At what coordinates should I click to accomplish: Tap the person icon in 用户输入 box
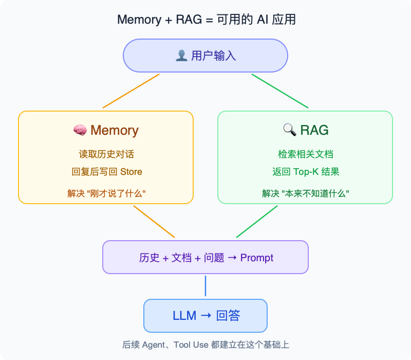pyautogui.click(x=181, y=56)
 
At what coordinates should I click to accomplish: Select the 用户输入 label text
pyautogui.click(x=213, y=56)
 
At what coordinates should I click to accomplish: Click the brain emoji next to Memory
pyautogui.click(x=80, y=131)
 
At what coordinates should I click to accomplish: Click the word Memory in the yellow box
pyautogui.click(x=115, y=131)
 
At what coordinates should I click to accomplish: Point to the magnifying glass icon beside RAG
pyautogui.click(x=289, y=130)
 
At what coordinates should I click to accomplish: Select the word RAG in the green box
pyautogui.click(x=314, y=130)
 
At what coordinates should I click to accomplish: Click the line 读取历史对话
pyautogui.click(x=106, y=154)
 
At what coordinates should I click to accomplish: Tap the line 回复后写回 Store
pyautogui.click(x=106, y=172)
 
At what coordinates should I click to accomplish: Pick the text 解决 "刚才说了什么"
pyautogui.click(x=106, y=194)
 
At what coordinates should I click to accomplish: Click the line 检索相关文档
pyautogui.click(x=305, y=154)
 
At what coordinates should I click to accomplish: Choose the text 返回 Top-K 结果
pyautogui.click(x=305, y=172)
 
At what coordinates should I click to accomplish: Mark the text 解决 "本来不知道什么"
pyautogui.click(x=305, y=194)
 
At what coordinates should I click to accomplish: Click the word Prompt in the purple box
pyautogui.click(x=257, y=258)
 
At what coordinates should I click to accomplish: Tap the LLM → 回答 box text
pyautogui.click(x=206, y=316)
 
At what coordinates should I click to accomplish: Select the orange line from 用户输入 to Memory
pyautogui.click(x=131, y=91)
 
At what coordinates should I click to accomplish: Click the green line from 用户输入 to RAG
pyautogui.click(x=280, y=91)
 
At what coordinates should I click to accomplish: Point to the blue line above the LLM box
pyautogui.click(x=206, y=286)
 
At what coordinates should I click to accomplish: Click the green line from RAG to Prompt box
pyautogui.click(x=257, y=222)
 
